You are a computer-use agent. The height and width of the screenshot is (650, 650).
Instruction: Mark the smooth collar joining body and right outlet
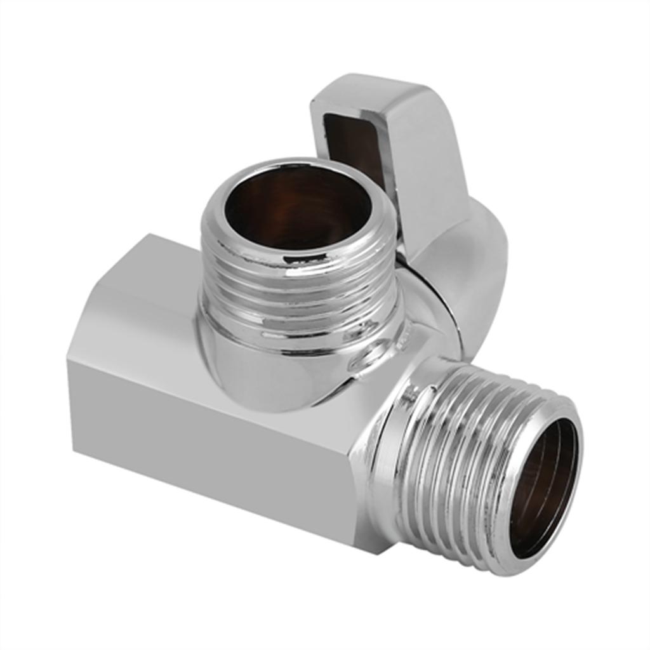(x=387, y=444)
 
